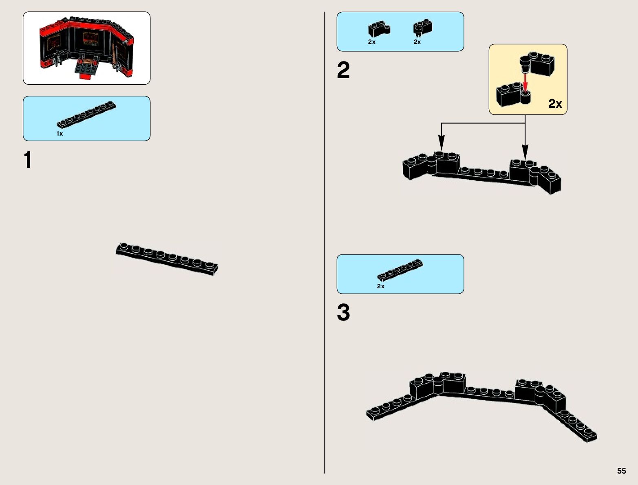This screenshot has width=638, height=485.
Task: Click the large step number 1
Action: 28,160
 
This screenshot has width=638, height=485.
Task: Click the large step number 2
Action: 343,71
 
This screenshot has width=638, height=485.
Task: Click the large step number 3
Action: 343,313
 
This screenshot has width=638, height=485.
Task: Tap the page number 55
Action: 621,471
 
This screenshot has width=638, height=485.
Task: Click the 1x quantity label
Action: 60,134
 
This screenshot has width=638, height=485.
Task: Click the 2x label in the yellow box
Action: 555,104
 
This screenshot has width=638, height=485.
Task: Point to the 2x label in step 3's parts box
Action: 380,286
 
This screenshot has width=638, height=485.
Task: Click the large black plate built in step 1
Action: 167,259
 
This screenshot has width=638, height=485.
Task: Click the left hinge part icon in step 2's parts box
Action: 379,29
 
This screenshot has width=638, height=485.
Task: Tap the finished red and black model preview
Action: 86,48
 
